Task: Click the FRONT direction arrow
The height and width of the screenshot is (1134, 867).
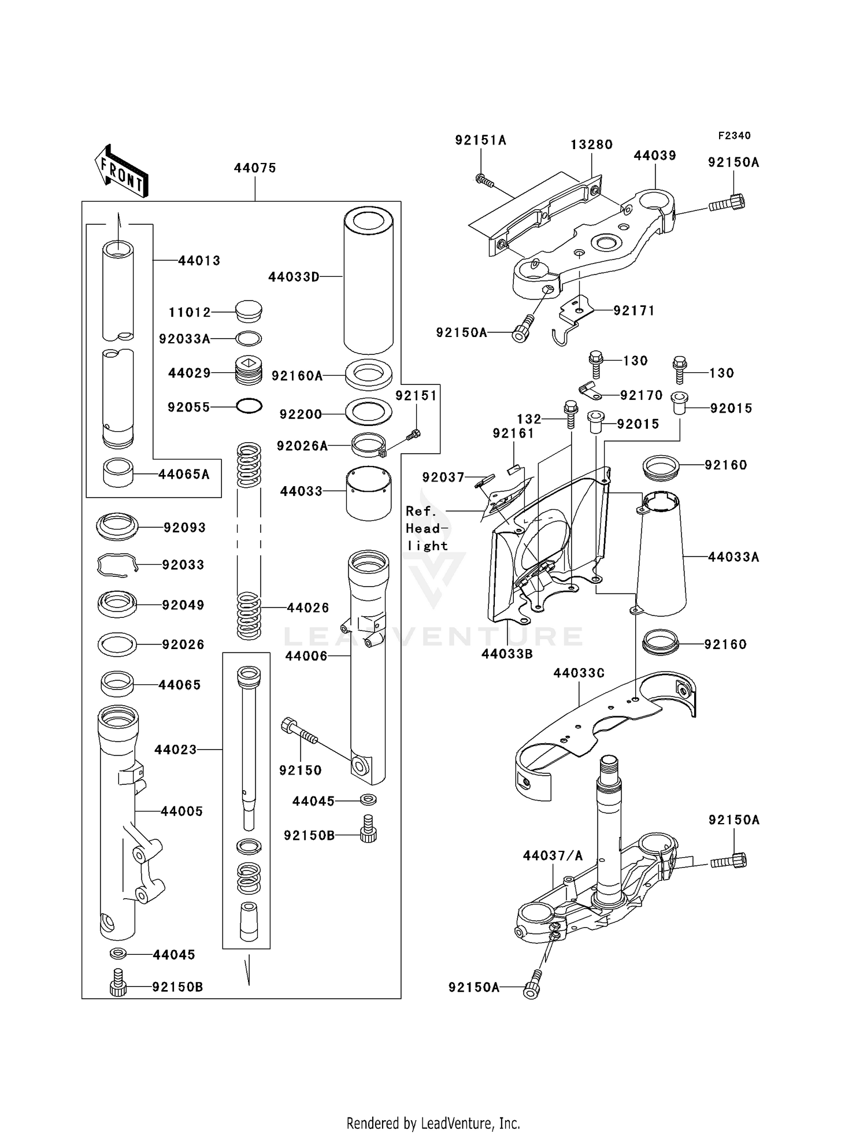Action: pyautogui.click(x=122, y=171)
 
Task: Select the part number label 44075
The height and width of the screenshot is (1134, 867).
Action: pyautogui.click(x=255, y=168)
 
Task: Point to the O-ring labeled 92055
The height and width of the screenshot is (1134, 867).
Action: pyautogui.click(x=249, y=406)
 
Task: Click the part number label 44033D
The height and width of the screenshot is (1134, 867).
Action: pyautogui.click(x=294, y=277)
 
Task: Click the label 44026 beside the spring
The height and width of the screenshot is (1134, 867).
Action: pyautogui.click(x=308, y=607)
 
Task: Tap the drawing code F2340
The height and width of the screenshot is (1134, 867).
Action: pyautogui.click(x=734, y=135)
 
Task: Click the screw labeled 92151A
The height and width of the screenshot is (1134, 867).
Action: pyautogui.click(x=484, y=181)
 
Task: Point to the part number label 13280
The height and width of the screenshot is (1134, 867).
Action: pyautogui.click(x=591, y=144)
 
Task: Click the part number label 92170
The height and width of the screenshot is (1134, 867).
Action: pyautogui.click(x=641, y=395)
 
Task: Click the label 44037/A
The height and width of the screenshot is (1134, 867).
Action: pyautogui.click(x=553, y=855)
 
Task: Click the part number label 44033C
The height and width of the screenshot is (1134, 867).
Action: pyautogui.click(x=579, y=673)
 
